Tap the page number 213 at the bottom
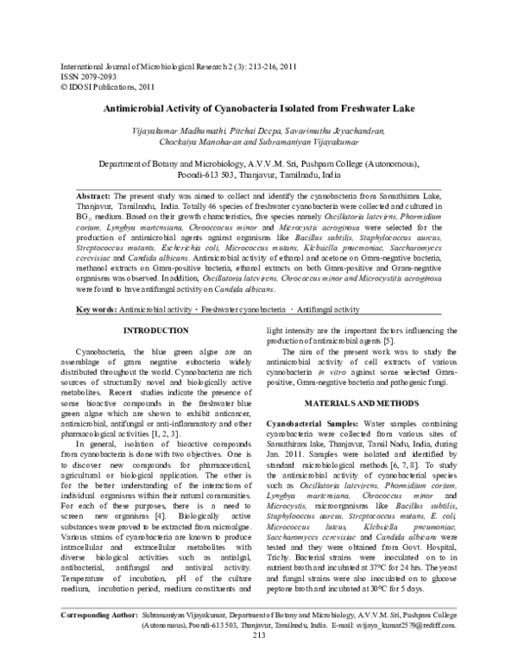pos(258,661)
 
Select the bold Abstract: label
pos(95,197)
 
